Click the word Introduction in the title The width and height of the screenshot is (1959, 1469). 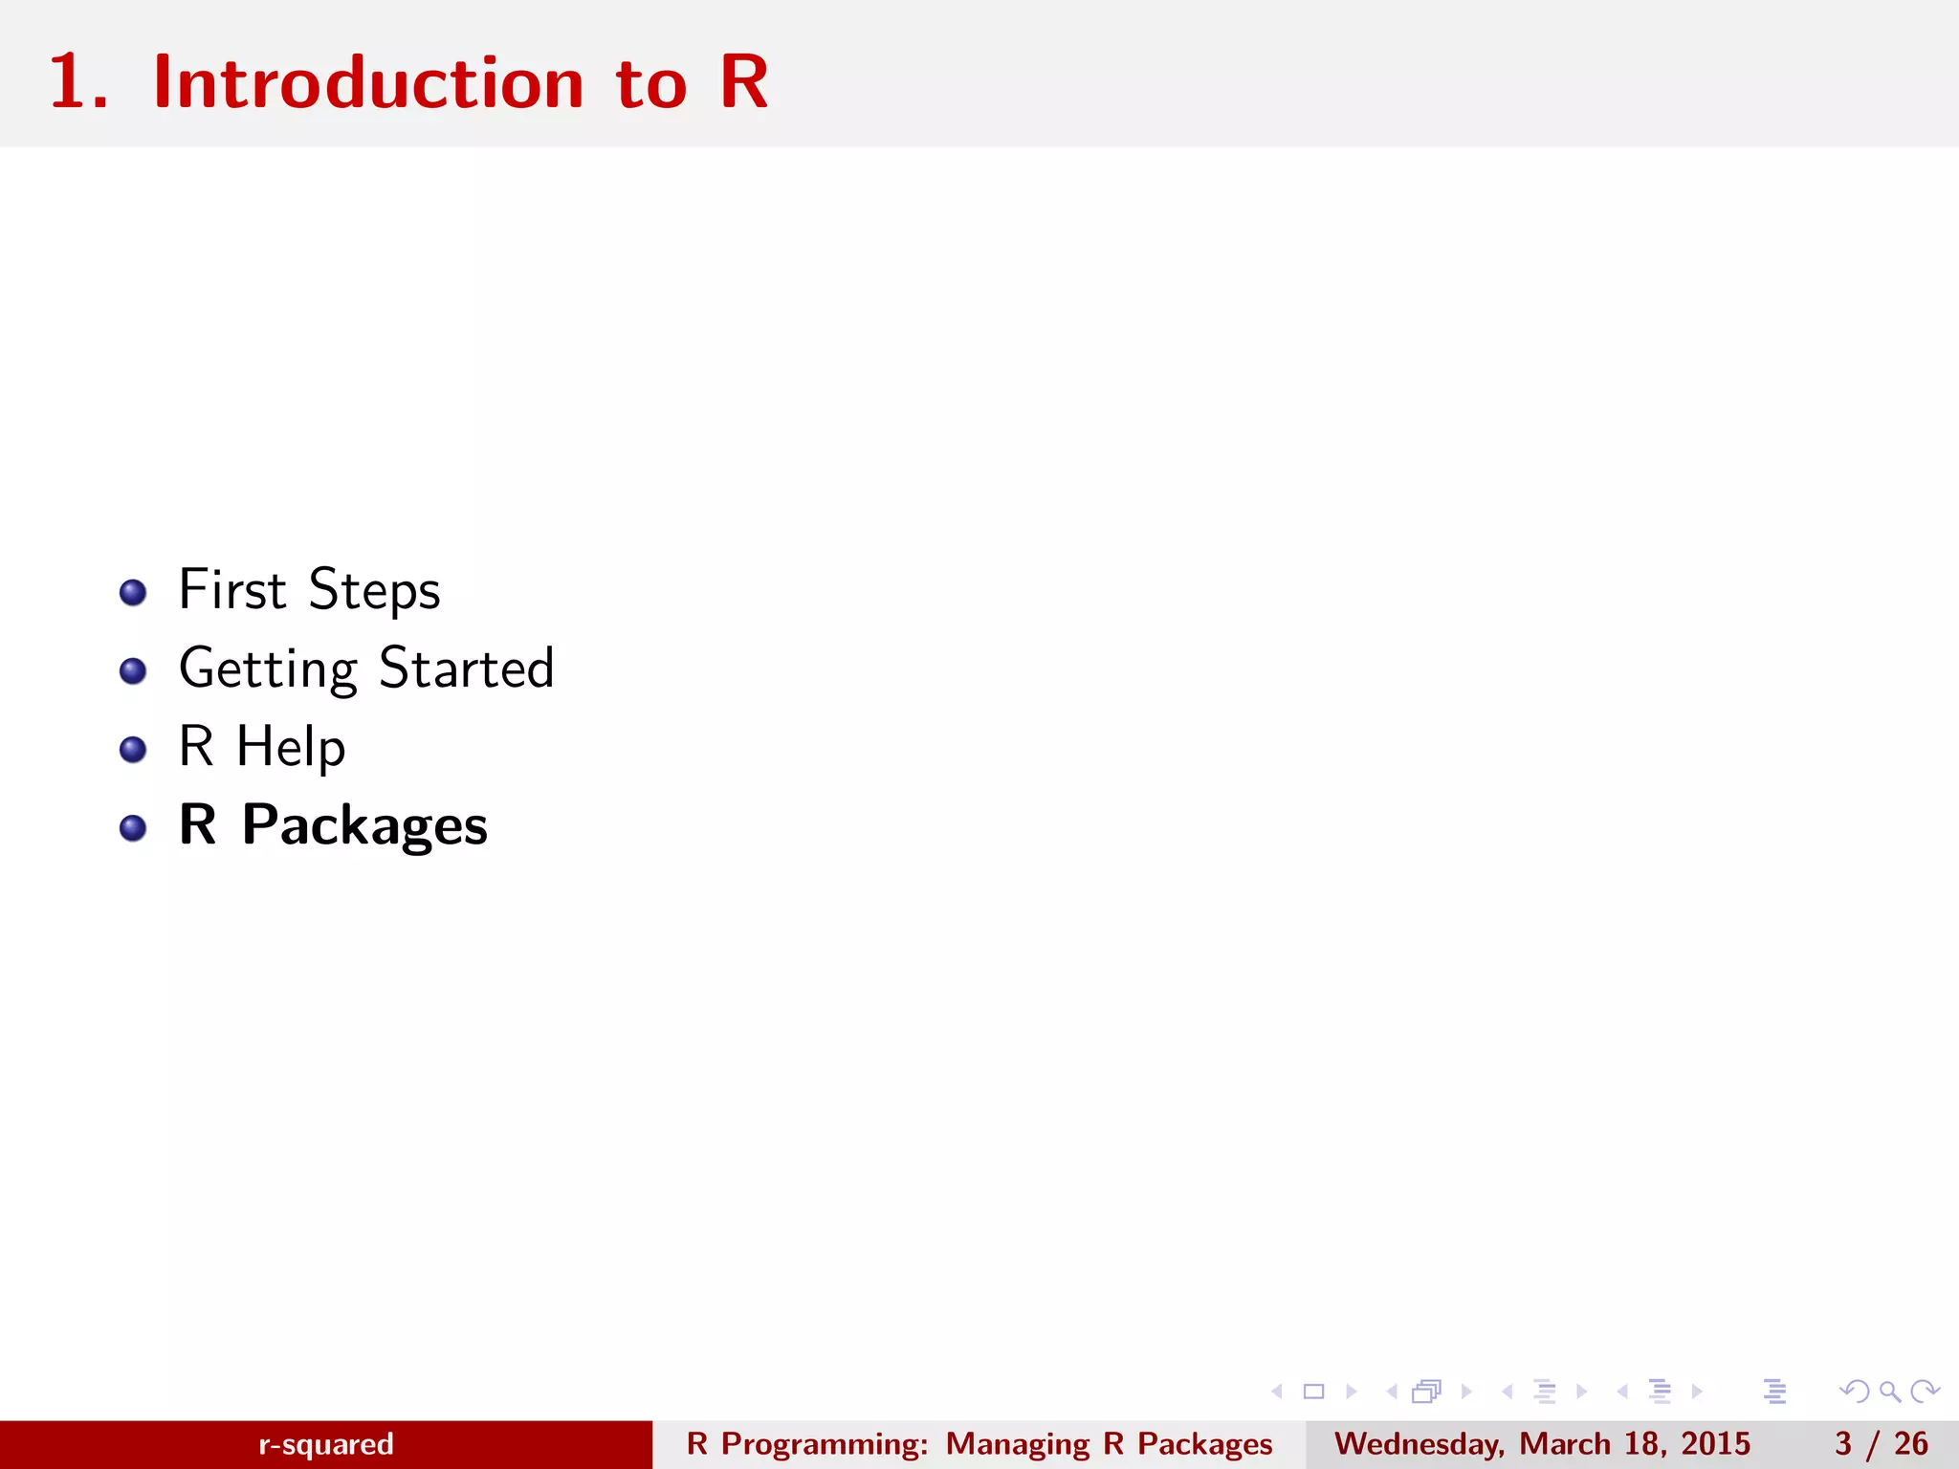point(368,83)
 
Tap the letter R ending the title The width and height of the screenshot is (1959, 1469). point(744,83)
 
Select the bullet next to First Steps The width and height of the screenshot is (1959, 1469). point(133,592)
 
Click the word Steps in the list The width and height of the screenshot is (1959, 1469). point(374,590)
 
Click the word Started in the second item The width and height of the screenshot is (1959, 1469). point(467,668)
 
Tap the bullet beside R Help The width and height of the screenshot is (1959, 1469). point(133,749)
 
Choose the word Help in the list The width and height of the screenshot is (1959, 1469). point(291,747)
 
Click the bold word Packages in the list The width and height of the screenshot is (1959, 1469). point(364,825)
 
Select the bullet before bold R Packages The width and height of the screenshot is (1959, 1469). point(133,827)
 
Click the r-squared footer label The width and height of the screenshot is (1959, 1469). point(325,1444)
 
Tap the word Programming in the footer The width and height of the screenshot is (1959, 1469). point(824,1444)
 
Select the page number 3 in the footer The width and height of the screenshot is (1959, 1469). point(1843,1444)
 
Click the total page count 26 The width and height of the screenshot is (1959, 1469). point(1911,1444)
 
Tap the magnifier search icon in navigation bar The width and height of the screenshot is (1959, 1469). point(1889,1392)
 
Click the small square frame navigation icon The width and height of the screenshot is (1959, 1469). point(1313,1392)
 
